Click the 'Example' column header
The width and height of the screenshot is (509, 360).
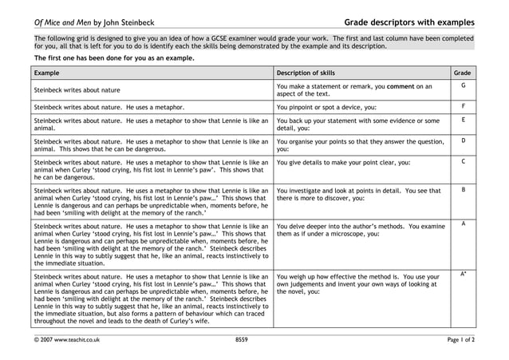(47, 73)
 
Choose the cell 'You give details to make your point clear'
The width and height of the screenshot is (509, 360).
(343, 163)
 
